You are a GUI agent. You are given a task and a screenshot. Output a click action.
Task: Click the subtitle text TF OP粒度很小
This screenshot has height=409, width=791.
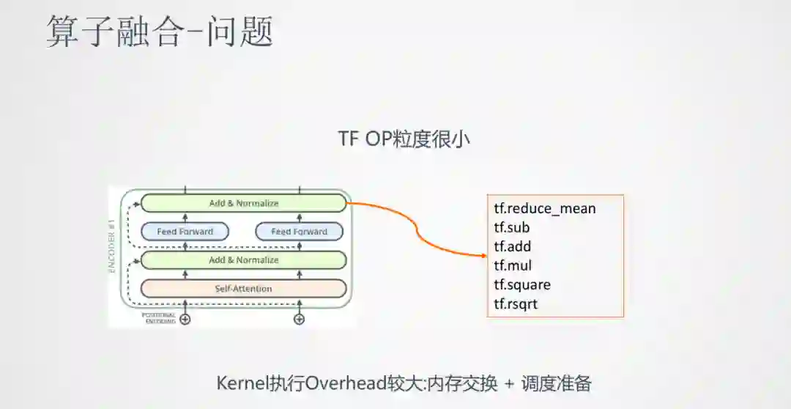tap(404, 139)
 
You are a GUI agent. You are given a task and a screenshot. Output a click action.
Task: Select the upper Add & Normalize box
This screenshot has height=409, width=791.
tap(243, 203)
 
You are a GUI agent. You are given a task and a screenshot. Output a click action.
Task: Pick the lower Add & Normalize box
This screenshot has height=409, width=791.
tap(243, 260)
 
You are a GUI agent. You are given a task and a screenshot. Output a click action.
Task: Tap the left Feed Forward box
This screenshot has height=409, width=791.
tap(185, 232)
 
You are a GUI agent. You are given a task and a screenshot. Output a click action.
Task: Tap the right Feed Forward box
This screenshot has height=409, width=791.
tap(299, 232)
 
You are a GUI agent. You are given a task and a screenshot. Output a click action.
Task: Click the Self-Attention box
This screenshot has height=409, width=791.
tap(243, 289)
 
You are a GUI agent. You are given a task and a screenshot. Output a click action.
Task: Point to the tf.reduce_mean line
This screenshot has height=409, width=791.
tap(544, 209)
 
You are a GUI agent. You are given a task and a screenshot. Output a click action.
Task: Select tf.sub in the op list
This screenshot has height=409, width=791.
tap(511, 228)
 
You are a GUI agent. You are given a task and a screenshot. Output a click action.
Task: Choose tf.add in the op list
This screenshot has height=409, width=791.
tap(512, 247)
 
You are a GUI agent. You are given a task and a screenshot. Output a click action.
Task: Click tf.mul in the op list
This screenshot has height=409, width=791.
tap(512, 265)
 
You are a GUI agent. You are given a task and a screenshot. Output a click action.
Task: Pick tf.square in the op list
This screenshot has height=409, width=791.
tap(521, 284)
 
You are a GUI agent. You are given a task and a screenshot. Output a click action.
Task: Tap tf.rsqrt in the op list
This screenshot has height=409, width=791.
tap(516, 303)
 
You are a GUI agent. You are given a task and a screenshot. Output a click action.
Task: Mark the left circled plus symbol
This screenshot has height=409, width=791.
tap(185, 319)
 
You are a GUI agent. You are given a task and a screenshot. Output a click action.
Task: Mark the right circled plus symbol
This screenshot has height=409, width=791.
tap(299, 319)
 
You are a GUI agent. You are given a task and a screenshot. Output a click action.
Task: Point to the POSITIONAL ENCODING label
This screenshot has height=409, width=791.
tap(158, 318)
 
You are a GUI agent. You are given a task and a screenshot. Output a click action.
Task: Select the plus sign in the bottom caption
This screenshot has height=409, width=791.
tap(510, 383)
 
